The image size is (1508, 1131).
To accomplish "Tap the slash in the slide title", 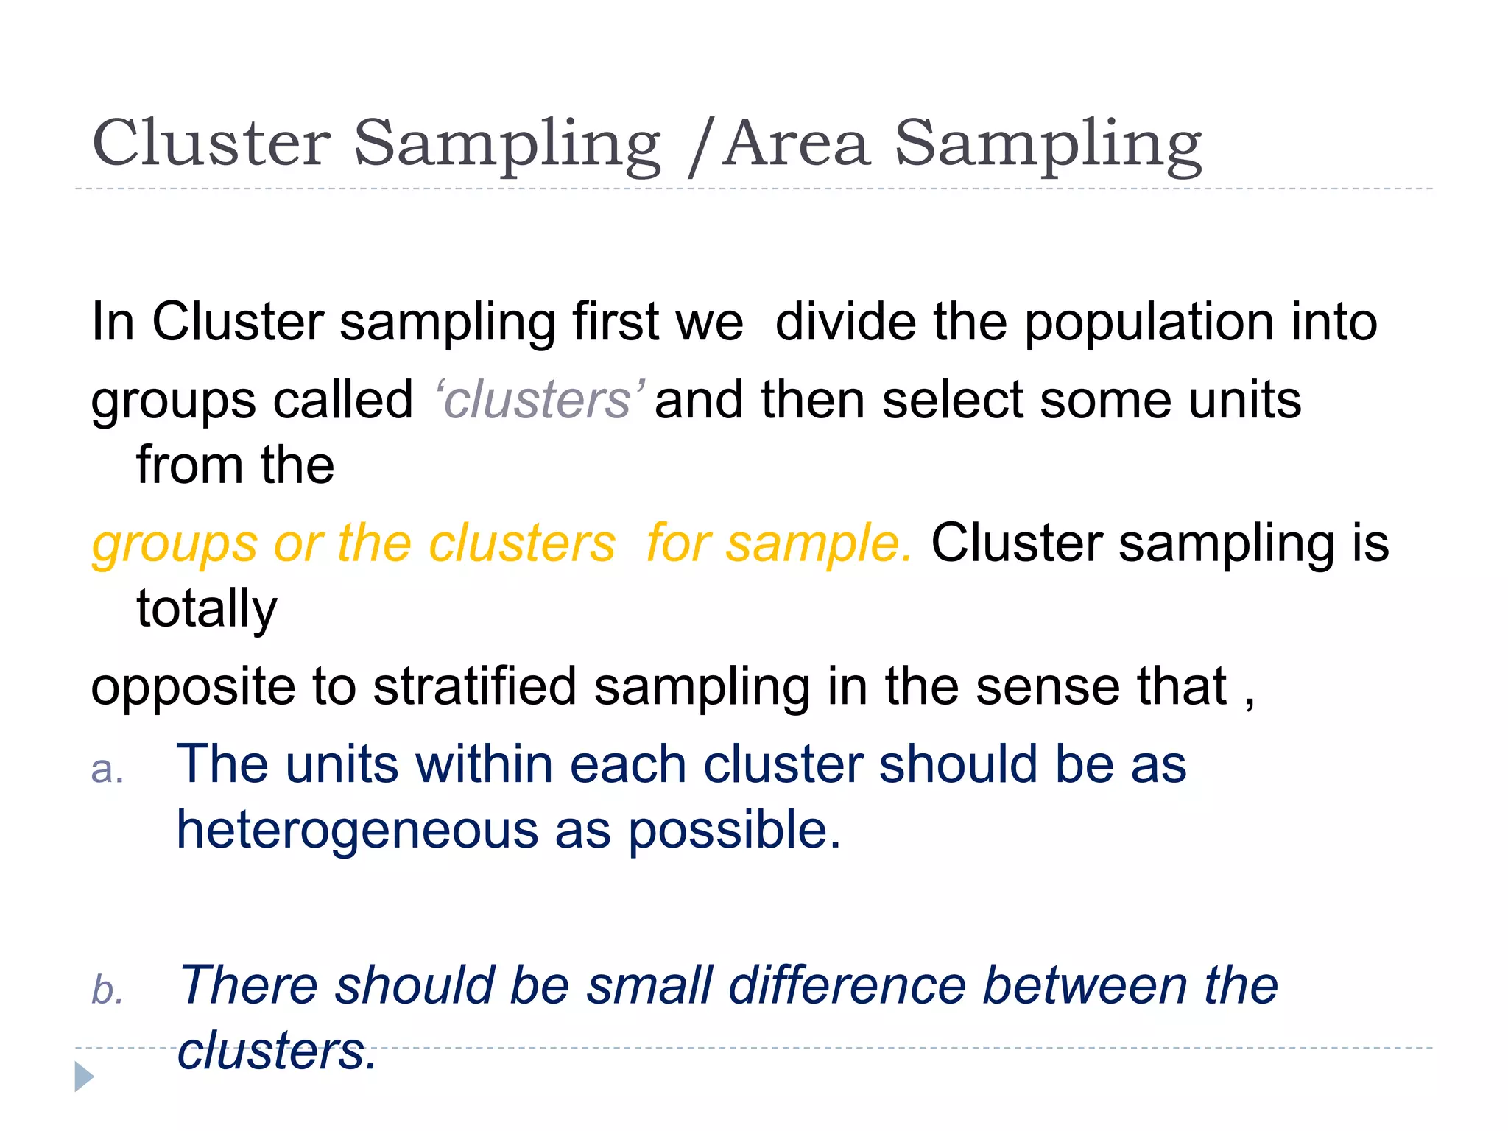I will click(701, 147).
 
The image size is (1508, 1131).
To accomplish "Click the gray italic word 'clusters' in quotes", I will click(539, 401).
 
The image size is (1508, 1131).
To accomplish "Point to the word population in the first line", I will click(1149, 324).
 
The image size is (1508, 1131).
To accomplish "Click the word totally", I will click(207, 610).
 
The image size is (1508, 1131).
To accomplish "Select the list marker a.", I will click(107, 769).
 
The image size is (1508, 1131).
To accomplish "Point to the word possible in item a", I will click(733, 831).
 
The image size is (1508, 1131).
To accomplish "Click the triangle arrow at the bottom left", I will click(84, 1077).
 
